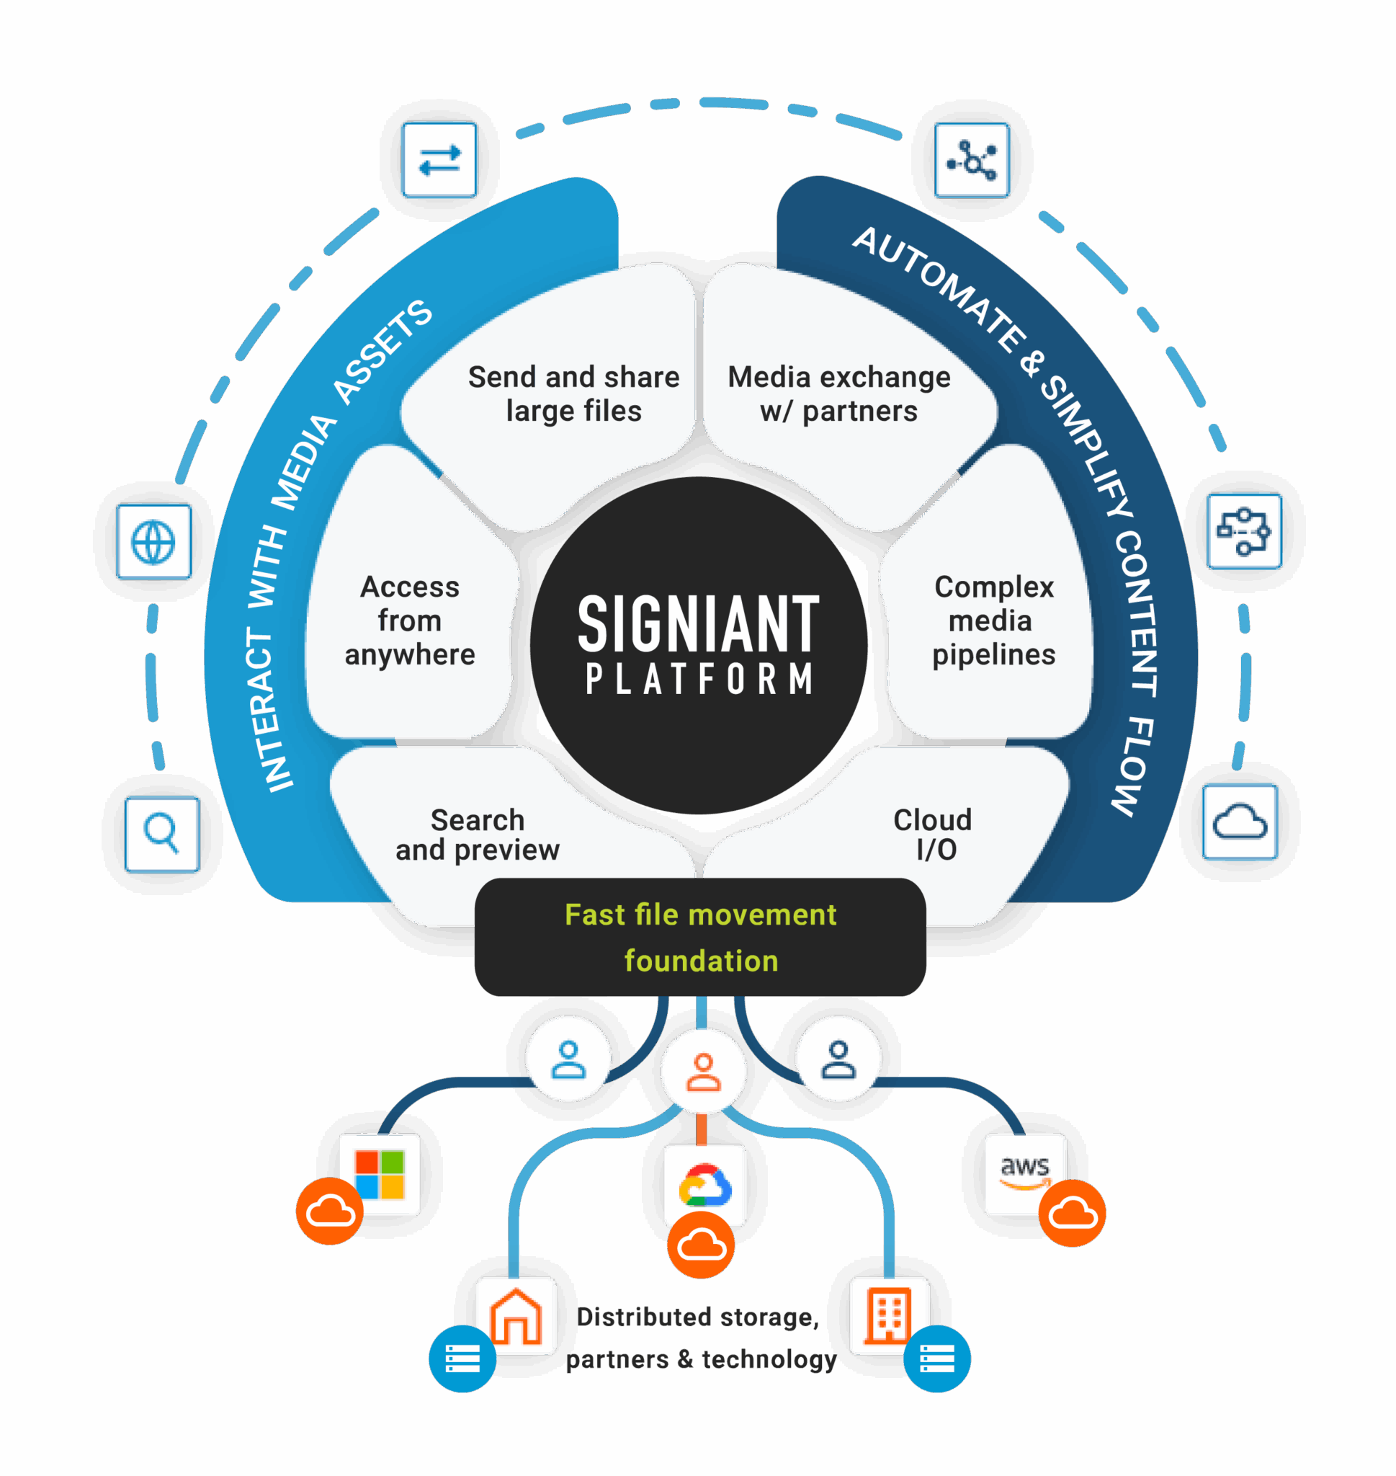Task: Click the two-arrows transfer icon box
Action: [439, 160]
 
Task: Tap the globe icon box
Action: [154, 541]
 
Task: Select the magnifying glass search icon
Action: [162, 834]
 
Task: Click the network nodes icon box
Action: [972, 160]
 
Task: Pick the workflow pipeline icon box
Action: [1244, 531]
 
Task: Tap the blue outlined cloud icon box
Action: [1240, 822]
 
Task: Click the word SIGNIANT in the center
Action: [698, 623]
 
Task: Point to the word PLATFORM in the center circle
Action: [698, 680]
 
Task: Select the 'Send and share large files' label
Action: [573, 394]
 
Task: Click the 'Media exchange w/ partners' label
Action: [838, 394]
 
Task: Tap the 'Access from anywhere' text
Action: [410, 621]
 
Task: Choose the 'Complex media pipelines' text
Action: [993, 621]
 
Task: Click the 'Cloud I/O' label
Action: [933, 835]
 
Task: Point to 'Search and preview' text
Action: [477, 835]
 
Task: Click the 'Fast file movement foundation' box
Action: [700, 937]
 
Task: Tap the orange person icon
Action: [703, 1072]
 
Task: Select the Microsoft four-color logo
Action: [380, 1175]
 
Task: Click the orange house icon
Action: [516, 1316]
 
